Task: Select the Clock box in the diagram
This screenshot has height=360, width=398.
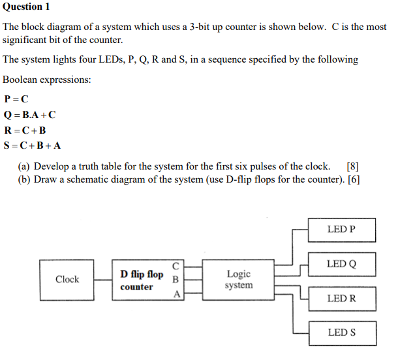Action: pyautogui.click(x=67, y=280)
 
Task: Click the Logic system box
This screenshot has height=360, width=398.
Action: pyautogui.click(x=237, y=280)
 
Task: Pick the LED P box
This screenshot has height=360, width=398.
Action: pyautogui.click(x=341, y=230)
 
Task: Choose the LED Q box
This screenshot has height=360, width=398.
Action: pyautogui.click(x=341, y=264)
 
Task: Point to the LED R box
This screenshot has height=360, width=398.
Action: pyautogui.click(x=341, y=298)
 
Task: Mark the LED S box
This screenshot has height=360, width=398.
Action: pyautogui.click(x=341, y=333)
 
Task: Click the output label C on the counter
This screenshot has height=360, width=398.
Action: pyautogui.click(x=176, y=265)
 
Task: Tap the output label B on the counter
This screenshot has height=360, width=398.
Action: pyautogui.click(x=176, y=279)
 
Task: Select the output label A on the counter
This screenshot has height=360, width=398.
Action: pyautogui.click(x=176, y=294)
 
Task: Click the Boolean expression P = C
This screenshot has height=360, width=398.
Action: pyautogui.click(x=16, y=100)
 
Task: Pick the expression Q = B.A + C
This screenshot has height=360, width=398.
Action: pyautogui.click(x=30, y=115)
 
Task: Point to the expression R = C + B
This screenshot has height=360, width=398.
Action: pyautogui.click(x=25, y=130)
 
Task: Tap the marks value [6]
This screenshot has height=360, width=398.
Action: pyautogui.click(x=354, y=179)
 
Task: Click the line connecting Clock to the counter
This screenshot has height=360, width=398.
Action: pyautogui.click(x=103, y=280)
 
